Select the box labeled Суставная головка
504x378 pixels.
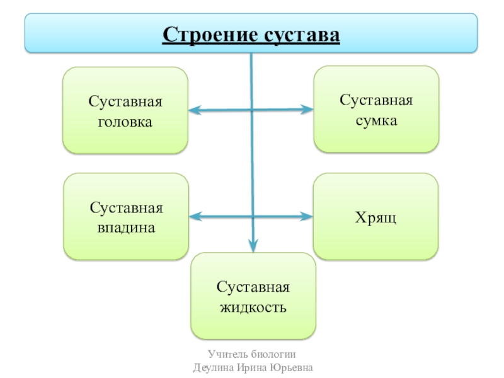[125, 111]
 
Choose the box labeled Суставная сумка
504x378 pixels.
[376, 110]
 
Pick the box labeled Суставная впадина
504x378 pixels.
[126, 217]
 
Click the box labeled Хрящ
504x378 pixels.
[375, 217]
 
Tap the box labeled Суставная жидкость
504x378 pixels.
[253, 297]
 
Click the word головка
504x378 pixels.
[125, 122]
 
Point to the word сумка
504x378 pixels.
[376, 120]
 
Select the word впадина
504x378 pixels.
[126, 227]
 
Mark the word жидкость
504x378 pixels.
[253, 308]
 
